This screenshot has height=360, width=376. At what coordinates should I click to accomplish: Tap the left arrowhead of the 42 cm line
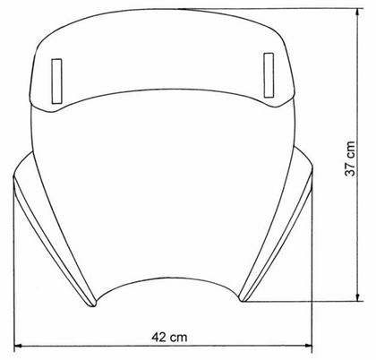point(19,349)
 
